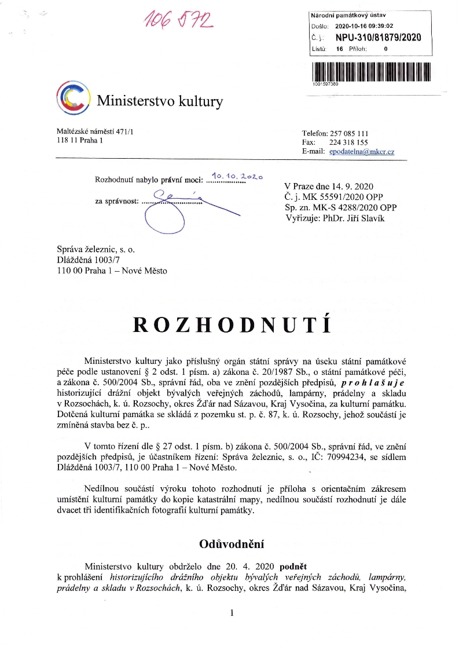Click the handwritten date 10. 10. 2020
click(x=237, y=176)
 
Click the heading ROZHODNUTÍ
click(x=232, y=326)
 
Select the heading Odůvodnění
click(x=232, y=544)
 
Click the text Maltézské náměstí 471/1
click(x=93, y=133)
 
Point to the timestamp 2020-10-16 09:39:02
click(x=364, y=26)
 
